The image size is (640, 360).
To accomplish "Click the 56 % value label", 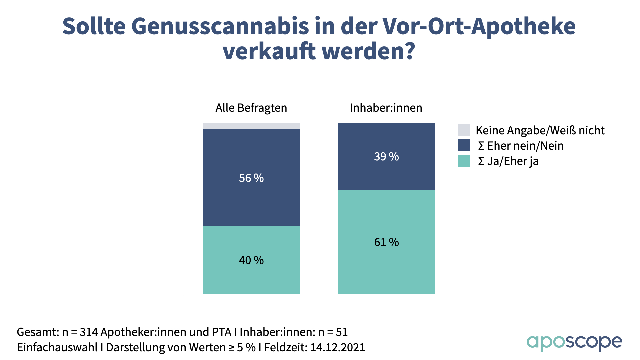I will click(251, 178).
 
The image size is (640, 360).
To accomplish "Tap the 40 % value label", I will click(251, 260).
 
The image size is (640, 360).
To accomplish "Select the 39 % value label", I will click(386, 157).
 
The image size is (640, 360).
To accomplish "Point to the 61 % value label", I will click(386, 242).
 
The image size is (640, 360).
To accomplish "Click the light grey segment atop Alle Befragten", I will click(251, 126).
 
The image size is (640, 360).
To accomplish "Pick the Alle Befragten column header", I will click(251, 108).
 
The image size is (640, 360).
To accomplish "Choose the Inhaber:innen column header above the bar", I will click(386, 108).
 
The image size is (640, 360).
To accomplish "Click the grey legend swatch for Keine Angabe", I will click(463, 130).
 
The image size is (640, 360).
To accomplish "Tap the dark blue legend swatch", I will click(463, 146).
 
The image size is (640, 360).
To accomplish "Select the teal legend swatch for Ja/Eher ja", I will click(463, 161).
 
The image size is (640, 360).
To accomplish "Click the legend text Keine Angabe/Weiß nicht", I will click(540, 130).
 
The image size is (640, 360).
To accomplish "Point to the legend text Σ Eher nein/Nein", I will click(521, 146).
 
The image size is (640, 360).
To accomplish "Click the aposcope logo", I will click(574, 343).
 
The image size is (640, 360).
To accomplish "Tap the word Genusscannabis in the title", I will click(220, 26).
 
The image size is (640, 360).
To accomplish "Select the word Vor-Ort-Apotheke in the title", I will click(479, 26).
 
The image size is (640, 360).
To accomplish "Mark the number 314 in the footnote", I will click(89, 332).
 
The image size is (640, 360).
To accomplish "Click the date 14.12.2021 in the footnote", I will click(337, 347).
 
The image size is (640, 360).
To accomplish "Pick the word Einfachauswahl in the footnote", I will click(57, 347).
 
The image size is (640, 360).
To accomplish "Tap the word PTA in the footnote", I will click(222, 332).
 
